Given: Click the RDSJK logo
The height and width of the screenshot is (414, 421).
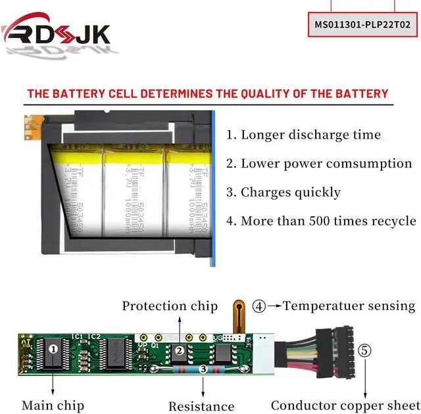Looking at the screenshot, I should tap(57, 33).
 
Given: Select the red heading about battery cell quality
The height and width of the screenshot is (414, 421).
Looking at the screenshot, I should tap(208, 93).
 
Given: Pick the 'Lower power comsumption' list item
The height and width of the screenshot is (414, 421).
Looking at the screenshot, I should tap(319, 164).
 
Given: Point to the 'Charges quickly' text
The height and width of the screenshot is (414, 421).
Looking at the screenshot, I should tap(284, 193).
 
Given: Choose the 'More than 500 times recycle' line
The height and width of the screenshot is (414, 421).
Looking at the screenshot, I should tap(321, 221).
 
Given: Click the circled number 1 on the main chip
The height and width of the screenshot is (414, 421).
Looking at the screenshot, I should tap(53, 349).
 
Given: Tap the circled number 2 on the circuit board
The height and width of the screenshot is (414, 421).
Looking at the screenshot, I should tap(179, 352).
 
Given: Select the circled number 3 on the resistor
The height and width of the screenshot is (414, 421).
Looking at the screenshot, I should tap(203, 371).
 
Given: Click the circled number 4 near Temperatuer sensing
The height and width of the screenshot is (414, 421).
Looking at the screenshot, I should tap(260, 306).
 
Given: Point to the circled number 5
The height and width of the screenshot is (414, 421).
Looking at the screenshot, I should tap(364, 350).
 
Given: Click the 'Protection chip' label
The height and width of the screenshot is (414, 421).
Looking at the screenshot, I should tap(170, 306).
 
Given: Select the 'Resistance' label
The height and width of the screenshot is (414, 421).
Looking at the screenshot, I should tap(201, 406).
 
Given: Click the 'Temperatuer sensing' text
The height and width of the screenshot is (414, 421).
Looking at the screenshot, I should tap(349, 306).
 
